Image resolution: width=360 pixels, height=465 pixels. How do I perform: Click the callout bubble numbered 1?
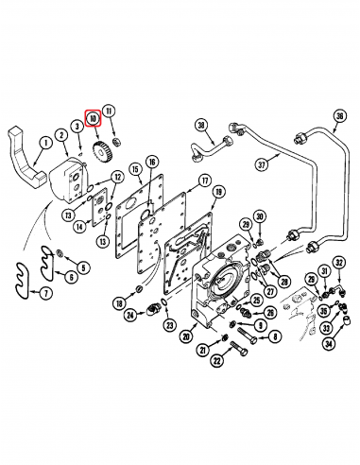(43, 143)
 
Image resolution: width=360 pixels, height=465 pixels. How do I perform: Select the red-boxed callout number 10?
(93, 119)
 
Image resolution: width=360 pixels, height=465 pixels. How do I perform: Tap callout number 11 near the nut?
(110, 111)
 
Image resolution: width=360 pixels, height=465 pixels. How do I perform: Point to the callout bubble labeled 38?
(200, 126)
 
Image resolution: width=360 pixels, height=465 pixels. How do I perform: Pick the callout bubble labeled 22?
(215, 361)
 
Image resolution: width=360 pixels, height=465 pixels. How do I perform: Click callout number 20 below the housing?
(187, 336)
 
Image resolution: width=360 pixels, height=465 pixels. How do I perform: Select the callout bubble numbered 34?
(329, 343)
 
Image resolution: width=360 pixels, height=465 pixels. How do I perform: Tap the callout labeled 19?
(218, 192)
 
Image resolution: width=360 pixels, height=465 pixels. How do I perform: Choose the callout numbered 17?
(203, 181)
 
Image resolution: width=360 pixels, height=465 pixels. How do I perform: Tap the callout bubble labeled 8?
(274, 336)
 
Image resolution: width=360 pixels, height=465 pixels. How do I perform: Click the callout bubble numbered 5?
(83, 268)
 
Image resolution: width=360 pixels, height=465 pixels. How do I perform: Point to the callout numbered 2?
(62, 136)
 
